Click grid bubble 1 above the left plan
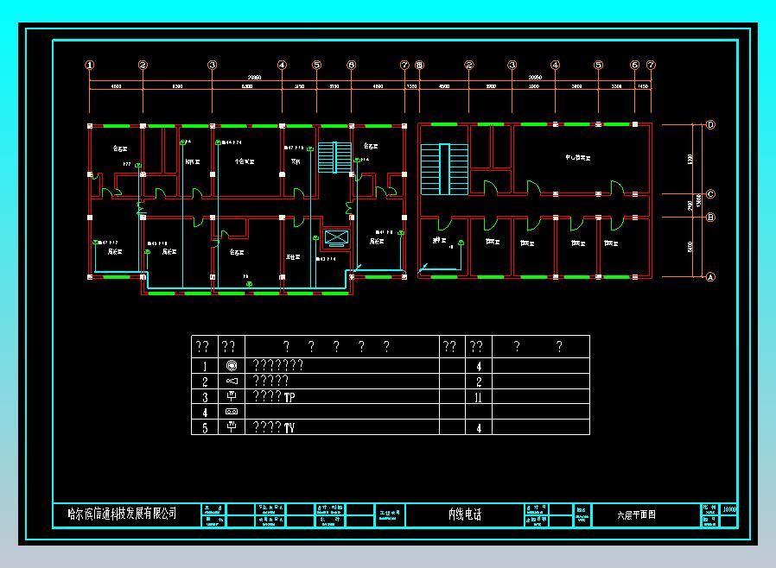89,65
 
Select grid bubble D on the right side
710,125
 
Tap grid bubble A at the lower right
710,277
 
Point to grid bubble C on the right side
710,194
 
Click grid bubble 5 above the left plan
316,65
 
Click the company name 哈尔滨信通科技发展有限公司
122,514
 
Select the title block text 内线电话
464,514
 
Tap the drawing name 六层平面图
636,514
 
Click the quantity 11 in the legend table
478,397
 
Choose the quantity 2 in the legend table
478,382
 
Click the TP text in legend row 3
289,397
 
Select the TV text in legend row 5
289,427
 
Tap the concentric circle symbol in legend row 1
231,366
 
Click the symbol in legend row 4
231,413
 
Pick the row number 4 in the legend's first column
205,413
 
